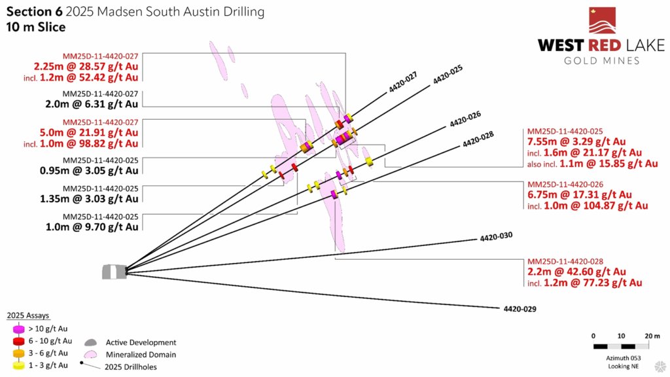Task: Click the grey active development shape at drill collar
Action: pos(113,272)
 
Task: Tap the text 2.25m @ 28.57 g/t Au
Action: pos(85,67)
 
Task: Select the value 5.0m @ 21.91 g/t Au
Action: pos(85,133)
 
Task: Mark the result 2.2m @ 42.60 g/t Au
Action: pos(576,272)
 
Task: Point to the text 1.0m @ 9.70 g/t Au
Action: pos(100,226)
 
